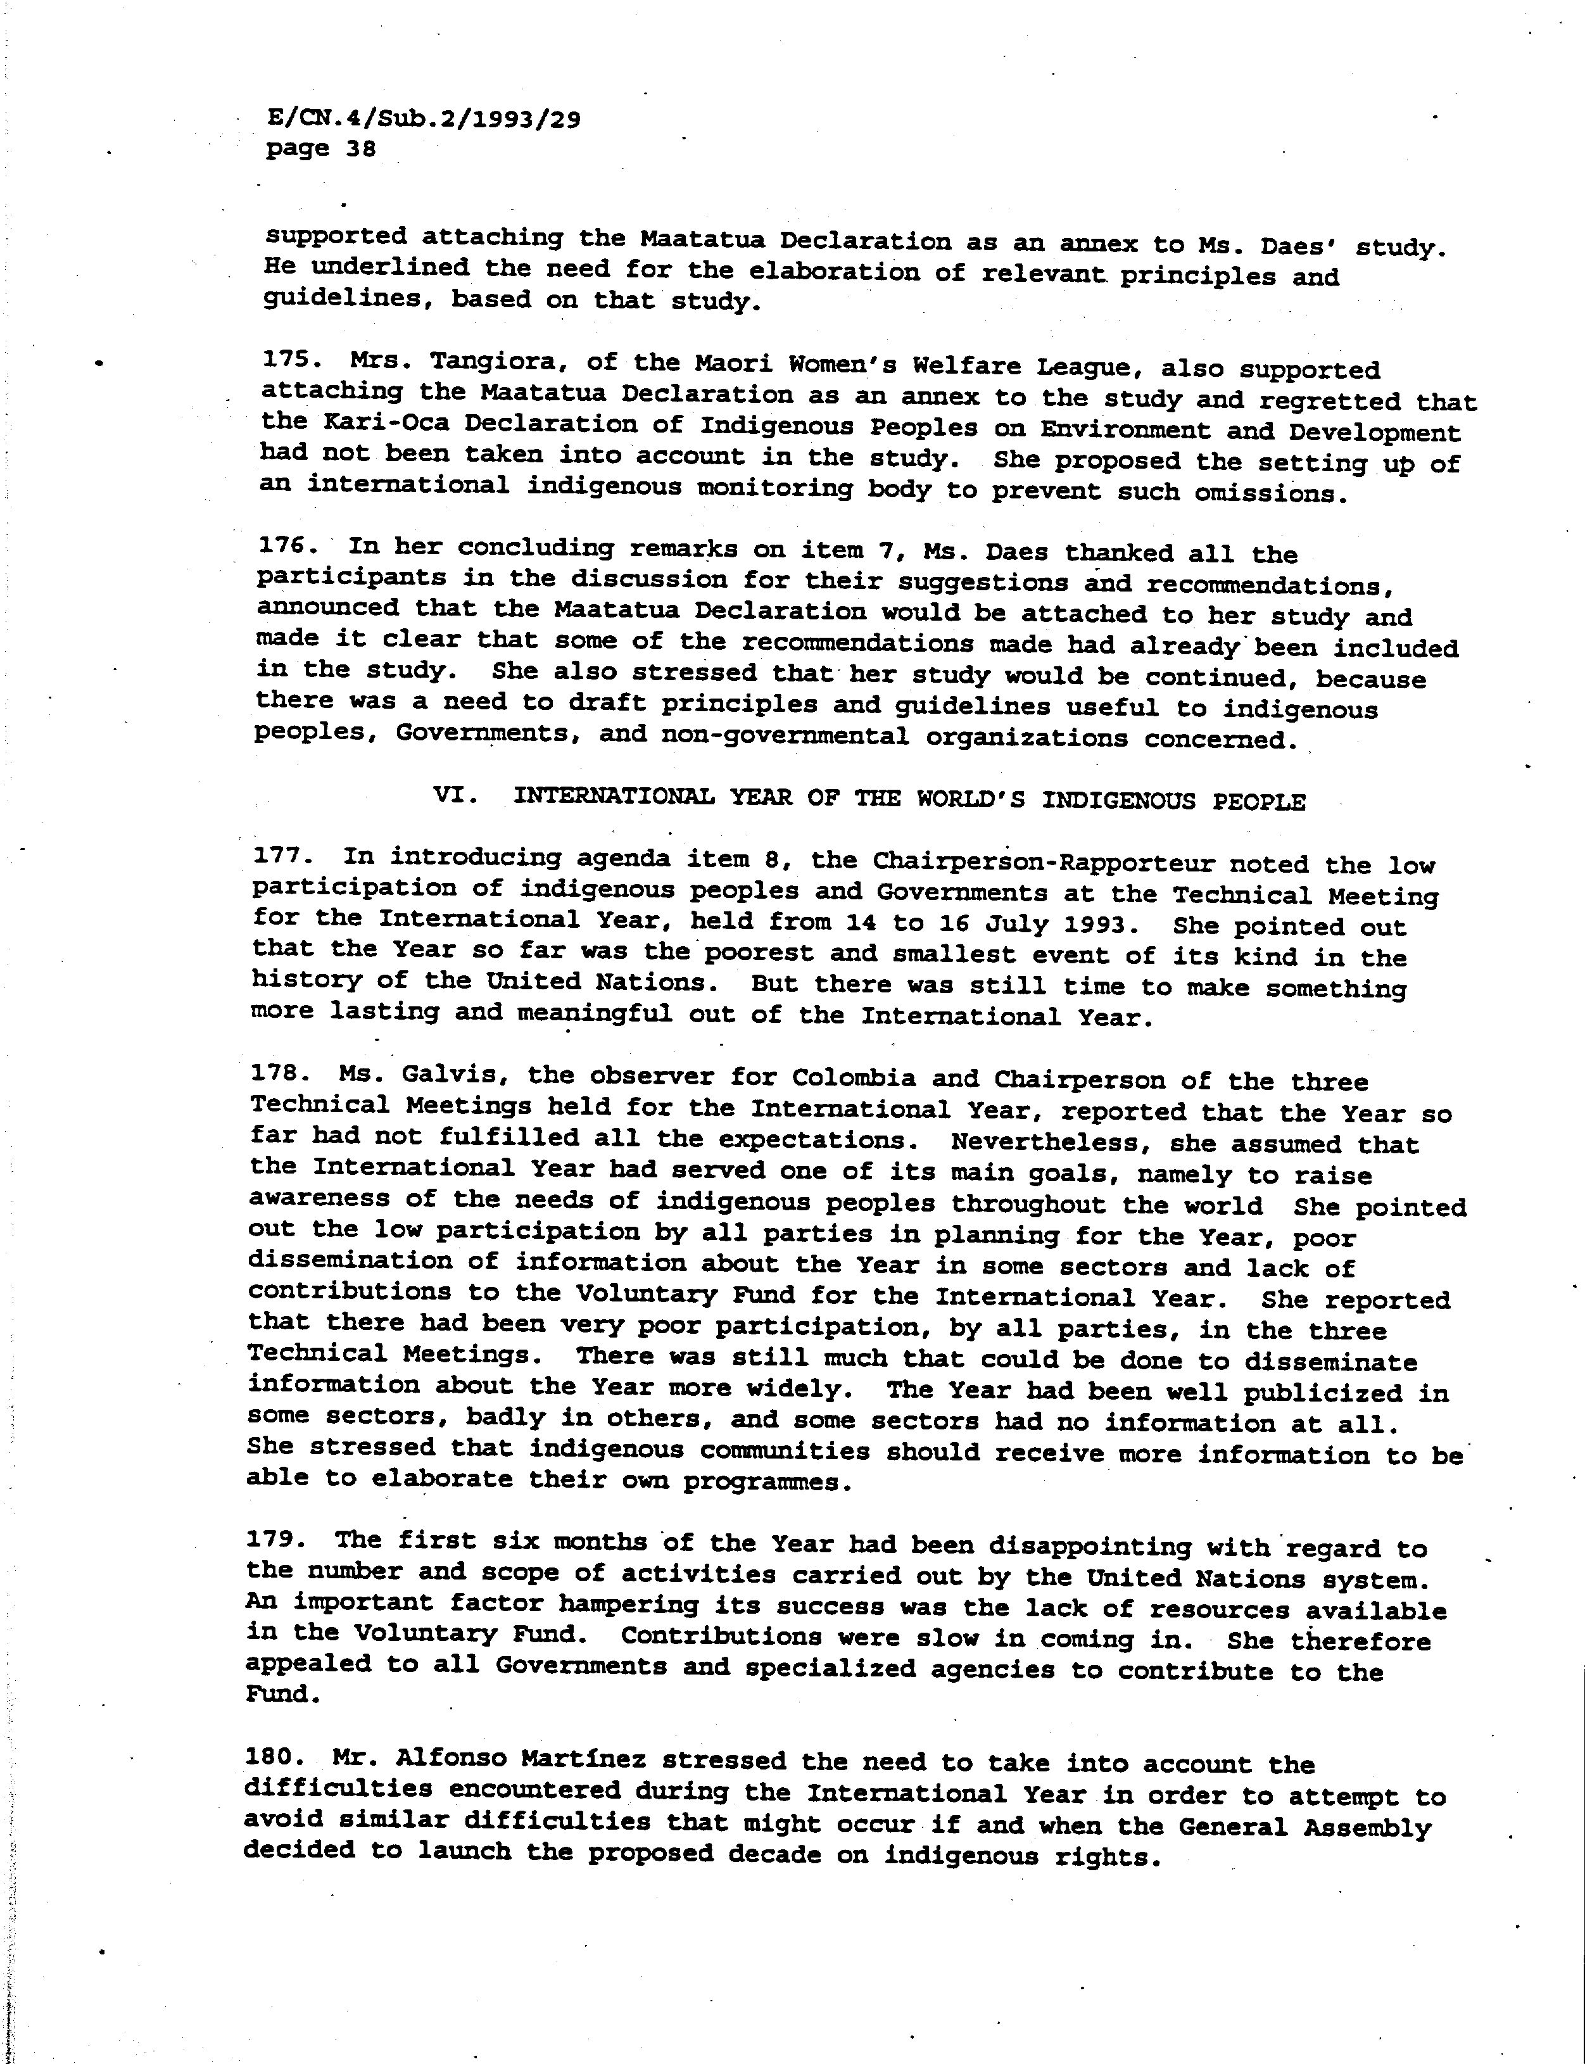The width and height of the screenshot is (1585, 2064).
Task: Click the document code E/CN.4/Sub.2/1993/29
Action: (424, 119)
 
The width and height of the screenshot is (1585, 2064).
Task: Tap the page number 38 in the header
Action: (360, 149)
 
